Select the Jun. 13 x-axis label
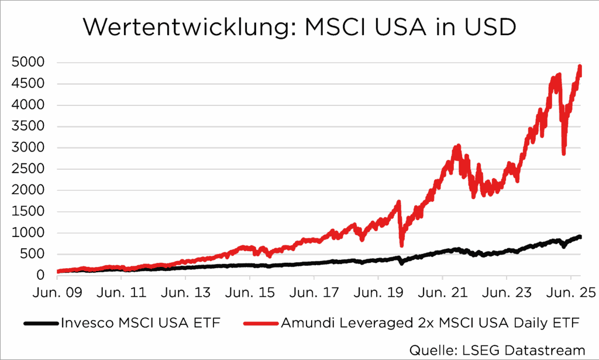[185, 291]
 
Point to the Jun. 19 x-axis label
[378, 291]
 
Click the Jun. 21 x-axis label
[442, 291]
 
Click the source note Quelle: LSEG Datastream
[497, 350]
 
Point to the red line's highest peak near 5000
[580, 67]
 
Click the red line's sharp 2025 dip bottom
[564, 153]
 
